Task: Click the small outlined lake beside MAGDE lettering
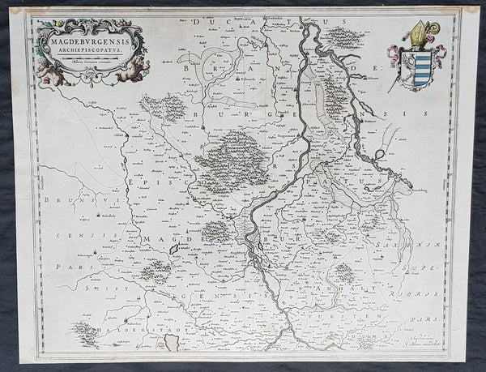point(180,252)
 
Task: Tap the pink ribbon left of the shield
point(394,53)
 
